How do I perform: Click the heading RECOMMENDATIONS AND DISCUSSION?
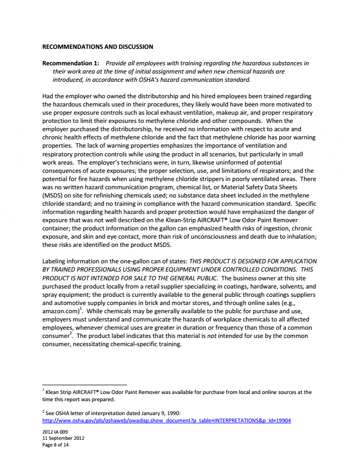coord(97,47)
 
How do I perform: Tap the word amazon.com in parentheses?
coord(60,312)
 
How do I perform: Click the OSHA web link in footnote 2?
coord(167,420)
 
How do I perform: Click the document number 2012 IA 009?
coord(54,433)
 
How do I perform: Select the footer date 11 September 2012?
coord(63,439)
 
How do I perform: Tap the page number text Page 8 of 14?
coord(55,445)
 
